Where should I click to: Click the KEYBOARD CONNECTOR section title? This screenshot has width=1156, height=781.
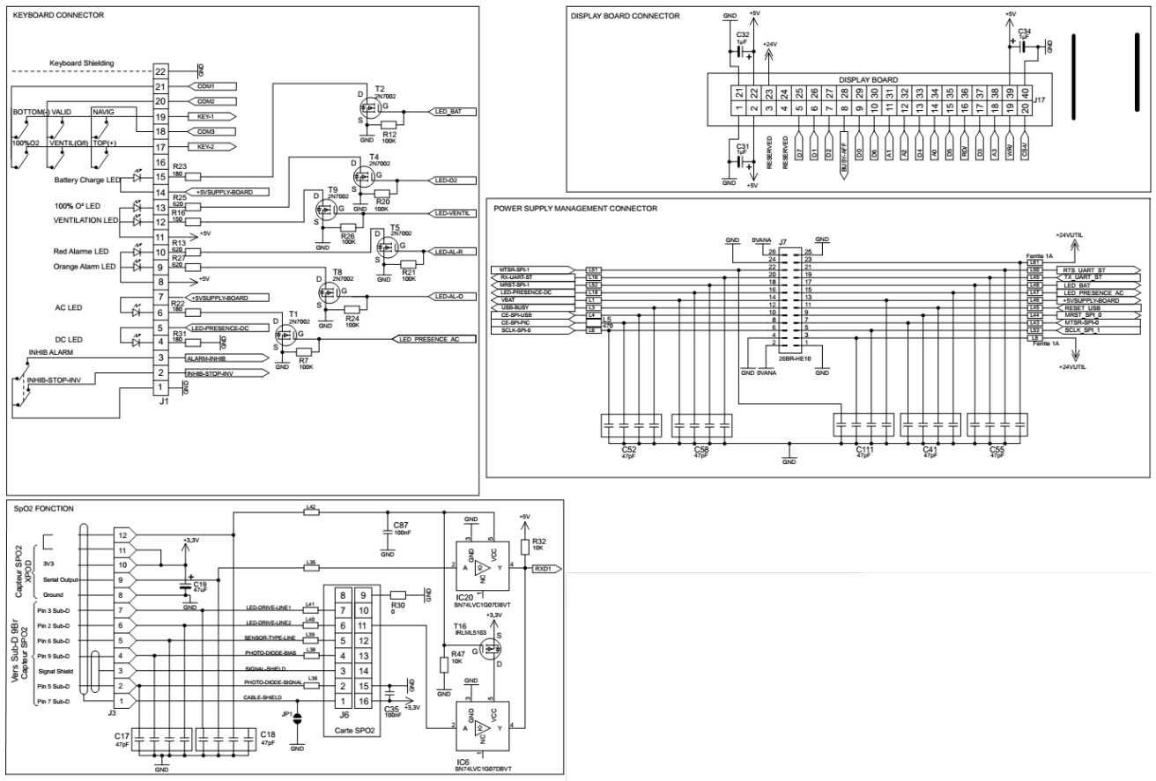point(58,16)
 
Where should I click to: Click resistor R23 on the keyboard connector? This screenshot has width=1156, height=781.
point(193,177)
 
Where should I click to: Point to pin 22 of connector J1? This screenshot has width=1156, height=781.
point(160,71)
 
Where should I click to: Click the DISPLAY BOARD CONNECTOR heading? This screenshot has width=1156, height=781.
point(625,16)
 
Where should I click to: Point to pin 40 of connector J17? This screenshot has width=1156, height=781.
point(1025,92)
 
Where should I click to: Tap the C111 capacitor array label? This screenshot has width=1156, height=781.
point(864,450)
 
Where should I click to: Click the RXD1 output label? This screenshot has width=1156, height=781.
point(545,569)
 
